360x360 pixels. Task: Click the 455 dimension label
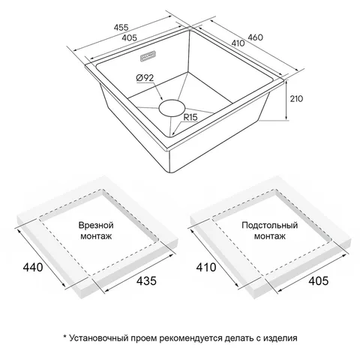pyautogui.click(x=121, y=27)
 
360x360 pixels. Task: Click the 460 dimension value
pyautogui.click(x=255, y=37)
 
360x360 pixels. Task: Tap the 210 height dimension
pyautogui.click(x=296, y=99)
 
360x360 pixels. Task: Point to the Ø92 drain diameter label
pyautogui.click(x=145, y=78)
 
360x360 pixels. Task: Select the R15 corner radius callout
pyautogui.click(x=190, y=117)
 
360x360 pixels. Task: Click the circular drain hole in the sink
pyautogui.click(x=172, y=108)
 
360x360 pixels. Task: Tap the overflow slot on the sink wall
pyautogui.click(x=148, y=55)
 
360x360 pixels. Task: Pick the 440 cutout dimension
pyautogui.click(x=33, y=267)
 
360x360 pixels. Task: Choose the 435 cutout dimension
pyautogui.click(x=146, y=280)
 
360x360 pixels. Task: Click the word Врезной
pyautogui.click(x=96, y=225)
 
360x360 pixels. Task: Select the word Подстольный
pyautogui.click(x=270, y=225)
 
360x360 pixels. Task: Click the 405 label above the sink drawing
pyautogui.click(x=130, y=37)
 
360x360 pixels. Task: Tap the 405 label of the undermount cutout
pyautogui.click(x=319, y=280)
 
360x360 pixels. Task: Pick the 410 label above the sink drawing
pyautogui.click(x=238, y=43)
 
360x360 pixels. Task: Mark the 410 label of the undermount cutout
pyautogui.click(x=206, y=267)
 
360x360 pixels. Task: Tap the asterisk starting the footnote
pyautogui.click(x=64, y=337)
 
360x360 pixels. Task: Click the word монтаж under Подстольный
pyautogui.click(x=270, y=236)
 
